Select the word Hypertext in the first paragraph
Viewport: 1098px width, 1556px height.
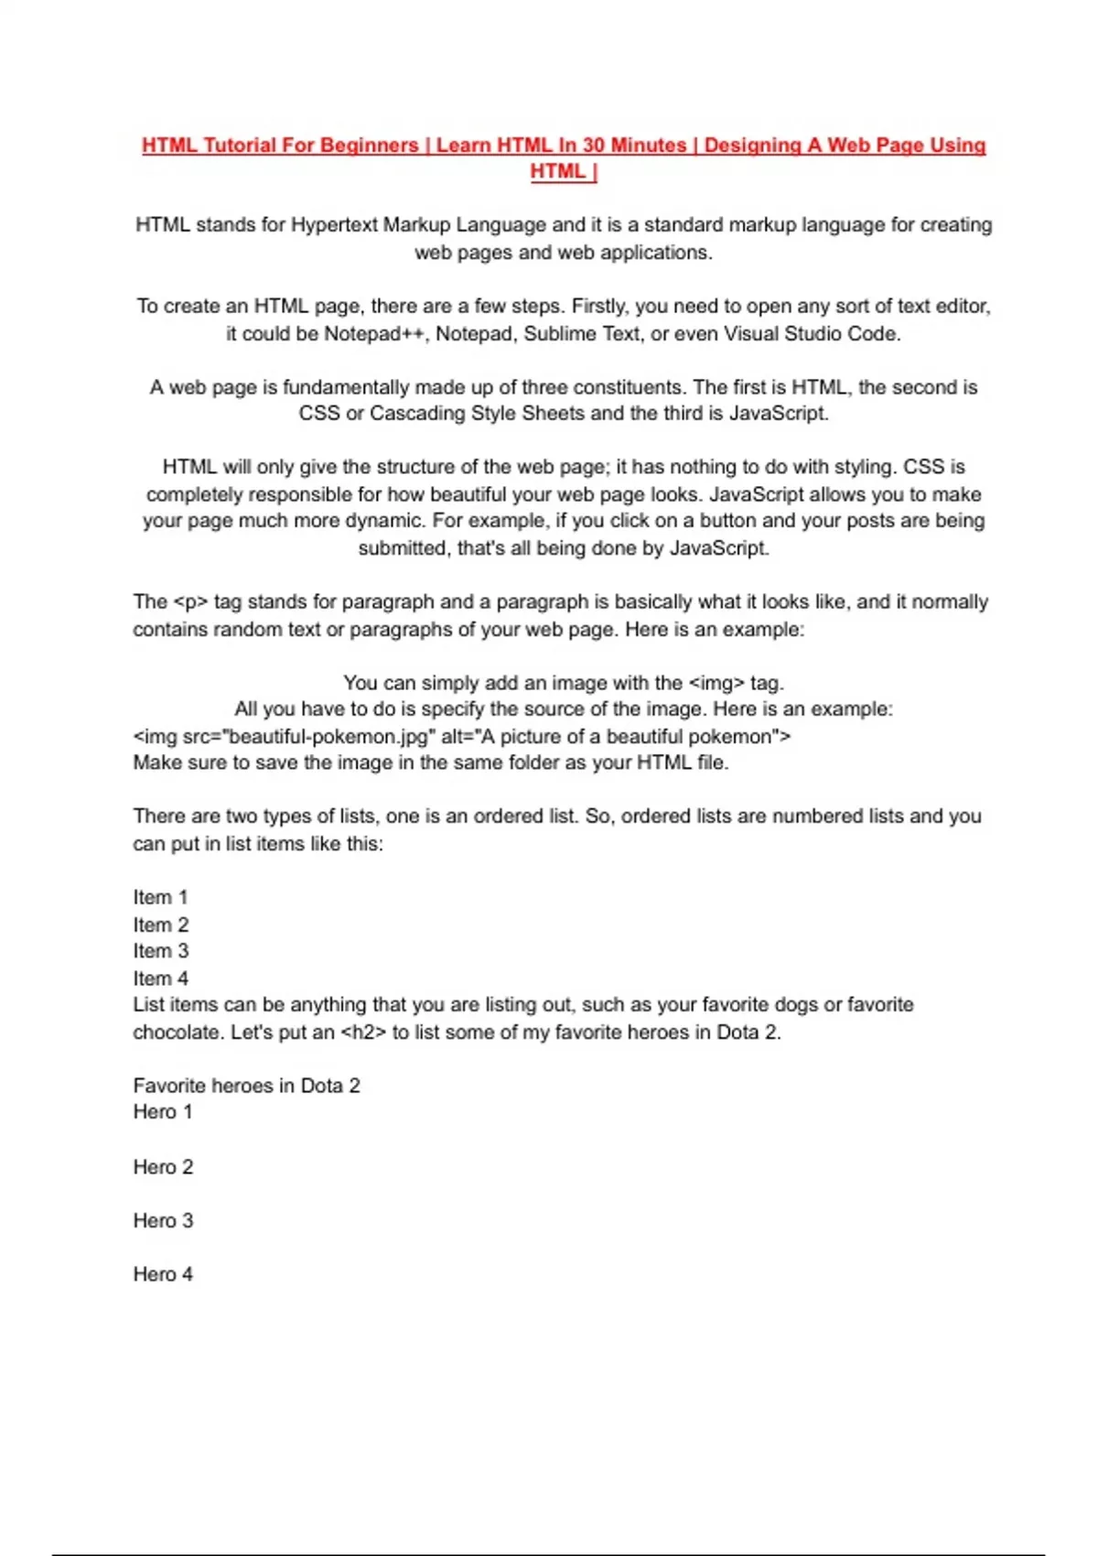point(335,225)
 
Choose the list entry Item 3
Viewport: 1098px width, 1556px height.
point(161,951)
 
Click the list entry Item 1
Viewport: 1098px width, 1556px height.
point(160,898)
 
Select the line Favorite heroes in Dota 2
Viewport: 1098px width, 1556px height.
point(246,1086)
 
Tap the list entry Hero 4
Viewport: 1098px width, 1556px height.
point(163,1275)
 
